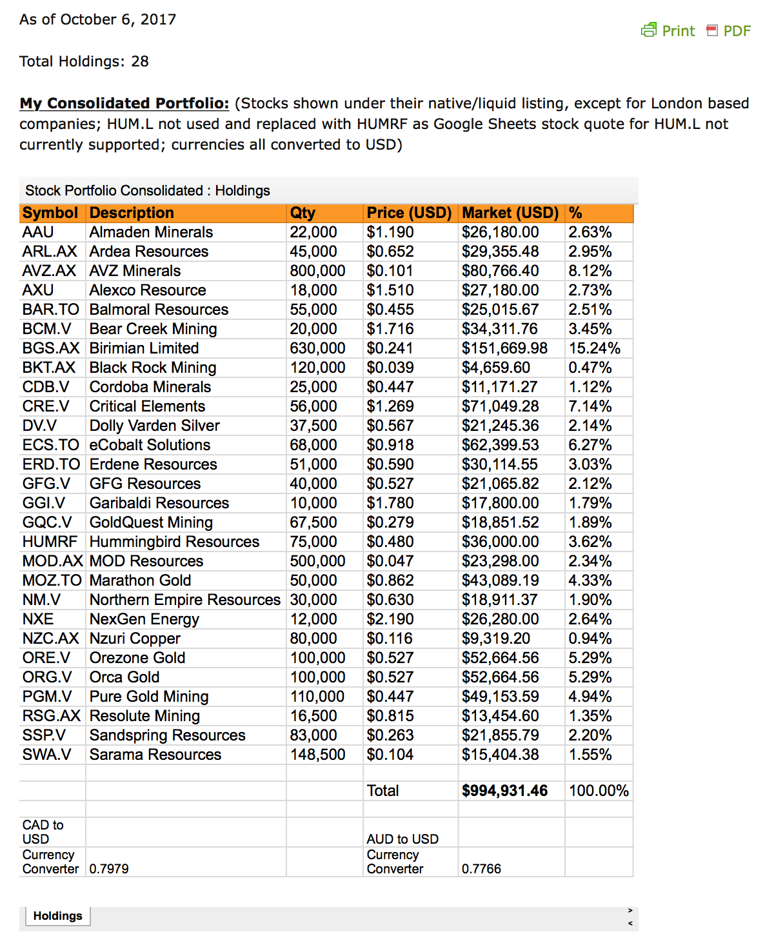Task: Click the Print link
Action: tap(669, 31)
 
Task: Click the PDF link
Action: tap(730, 31)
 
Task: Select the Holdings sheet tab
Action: tap(57, 916)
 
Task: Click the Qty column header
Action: tap(303, 213)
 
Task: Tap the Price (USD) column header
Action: tap(409, 213)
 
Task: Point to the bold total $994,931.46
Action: tap(504, 791)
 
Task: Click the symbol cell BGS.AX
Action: tap(50, 348)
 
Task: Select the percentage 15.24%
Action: tap(594, 348)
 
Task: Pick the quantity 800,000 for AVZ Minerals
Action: tap(317, 271)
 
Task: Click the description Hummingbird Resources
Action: tap(174, 542)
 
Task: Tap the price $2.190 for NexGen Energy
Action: tap(390, 619)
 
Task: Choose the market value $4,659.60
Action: tap(495, 368)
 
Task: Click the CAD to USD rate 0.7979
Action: tap(109, 869)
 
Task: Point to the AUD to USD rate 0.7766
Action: tap(481, 869)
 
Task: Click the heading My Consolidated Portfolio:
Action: tap(124, 103)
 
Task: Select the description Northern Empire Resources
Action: tap(185, 600)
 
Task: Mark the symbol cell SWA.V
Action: tap(46, 755)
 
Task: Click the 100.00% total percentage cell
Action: tap(599, 791)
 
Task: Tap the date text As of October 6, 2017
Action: tap(97, 19)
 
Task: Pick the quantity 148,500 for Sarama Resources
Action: tap(317, 755)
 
